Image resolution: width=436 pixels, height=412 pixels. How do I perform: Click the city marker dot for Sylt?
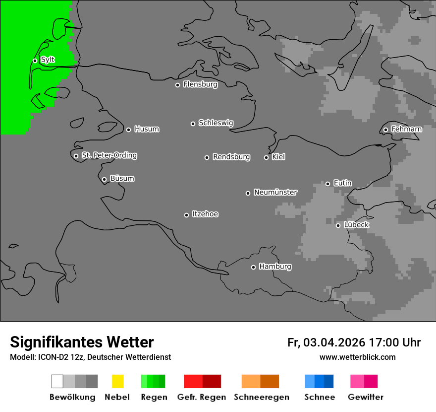(35, 61)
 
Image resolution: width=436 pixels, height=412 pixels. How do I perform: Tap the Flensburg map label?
(200, 84)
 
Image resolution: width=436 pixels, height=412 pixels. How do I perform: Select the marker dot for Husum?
(128, 130)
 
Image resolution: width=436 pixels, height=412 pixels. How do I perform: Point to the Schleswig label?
(216, 123)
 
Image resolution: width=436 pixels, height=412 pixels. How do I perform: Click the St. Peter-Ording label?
(109, 155)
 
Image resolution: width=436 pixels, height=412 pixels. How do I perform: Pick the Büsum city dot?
(104, 179)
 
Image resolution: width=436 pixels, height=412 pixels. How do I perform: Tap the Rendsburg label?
(231, 157)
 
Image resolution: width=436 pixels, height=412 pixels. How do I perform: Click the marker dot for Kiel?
(266, 157)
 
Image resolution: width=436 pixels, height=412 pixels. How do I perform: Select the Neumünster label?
(275, 192)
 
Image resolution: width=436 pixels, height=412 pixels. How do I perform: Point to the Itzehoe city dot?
(186, 215)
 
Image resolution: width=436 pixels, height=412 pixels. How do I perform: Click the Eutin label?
(342, 183)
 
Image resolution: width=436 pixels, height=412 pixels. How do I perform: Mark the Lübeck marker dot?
(338, 225)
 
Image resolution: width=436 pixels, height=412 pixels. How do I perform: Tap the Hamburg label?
(275, 267)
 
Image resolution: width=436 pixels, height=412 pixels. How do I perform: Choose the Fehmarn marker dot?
(385, 130)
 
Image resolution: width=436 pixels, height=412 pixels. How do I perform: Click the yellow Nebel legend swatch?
(117, 381)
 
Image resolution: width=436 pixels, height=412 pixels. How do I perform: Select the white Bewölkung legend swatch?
(57, 381)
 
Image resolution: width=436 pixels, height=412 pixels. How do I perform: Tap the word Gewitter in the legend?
(366, 397)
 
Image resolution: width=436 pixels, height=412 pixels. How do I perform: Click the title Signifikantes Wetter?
(82, 342)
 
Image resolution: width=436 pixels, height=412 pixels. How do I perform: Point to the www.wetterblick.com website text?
(357, 357)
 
